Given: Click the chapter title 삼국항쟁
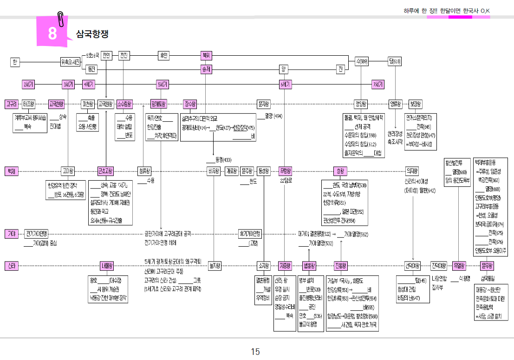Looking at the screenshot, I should pyautogui.click(x=92, y=34).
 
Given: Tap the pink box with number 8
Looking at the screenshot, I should pyautogui.click(x=52, y=34).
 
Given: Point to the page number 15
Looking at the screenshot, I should pyautogui.click(x=255, y=352).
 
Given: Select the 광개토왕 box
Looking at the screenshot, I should pyautogui.click(x=159, y=104).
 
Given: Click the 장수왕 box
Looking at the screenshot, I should pyautogui.click(x=190, y=104).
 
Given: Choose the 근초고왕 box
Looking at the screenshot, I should pyautogui.click(x=105, y=171).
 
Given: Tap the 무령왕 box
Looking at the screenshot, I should pyautogui.click(x=285, y=171).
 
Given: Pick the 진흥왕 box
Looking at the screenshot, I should pyautogui.click(x=341, y=266).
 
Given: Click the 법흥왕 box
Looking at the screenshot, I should pyautogui.click(x=309, y=266).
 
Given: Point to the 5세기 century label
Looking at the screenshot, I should pyautogui.click(x=163, y=85).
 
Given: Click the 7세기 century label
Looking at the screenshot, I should pyautogui.click(x=378, y=85).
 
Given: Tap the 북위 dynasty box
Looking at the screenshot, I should pyautogui.click(x=206, y=55).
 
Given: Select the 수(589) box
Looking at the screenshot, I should pyautogui.click(x=362, y=61).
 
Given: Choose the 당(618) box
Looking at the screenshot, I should pyautogui.click(x=395, y=61).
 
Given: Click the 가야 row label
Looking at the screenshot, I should pyautogui.click(x=11, y=233).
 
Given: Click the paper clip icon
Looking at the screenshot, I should pyautogui.click(x=60, y=19).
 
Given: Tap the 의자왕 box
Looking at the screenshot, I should pyautogui.click(x=412, y=171).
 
